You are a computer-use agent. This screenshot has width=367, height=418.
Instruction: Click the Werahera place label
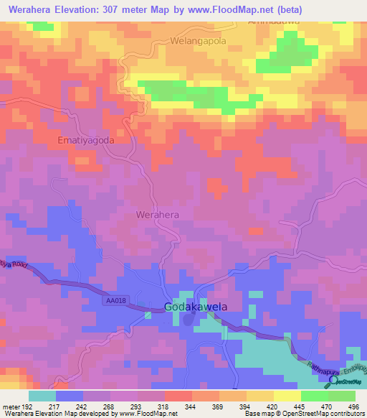pyautogui.click(x=157, y=215)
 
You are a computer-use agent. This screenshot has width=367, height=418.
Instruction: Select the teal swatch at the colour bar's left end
pyautogui.click(x=42, y=396)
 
